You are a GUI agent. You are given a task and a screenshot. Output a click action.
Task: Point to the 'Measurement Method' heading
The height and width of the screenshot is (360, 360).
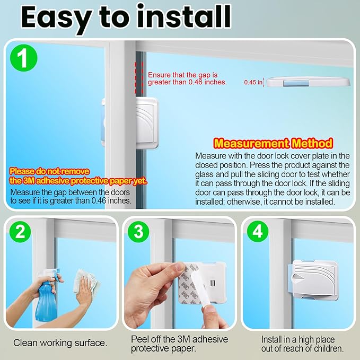(273, 143)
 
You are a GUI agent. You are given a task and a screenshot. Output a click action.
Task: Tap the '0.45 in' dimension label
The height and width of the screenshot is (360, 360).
(253, 82)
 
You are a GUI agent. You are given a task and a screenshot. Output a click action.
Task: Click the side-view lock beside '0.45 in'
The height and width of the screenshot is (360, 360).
(308, 82)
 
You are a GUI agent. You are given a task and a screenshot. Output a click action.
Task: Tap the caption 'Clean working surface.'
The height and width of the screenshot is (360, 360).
(60, 343)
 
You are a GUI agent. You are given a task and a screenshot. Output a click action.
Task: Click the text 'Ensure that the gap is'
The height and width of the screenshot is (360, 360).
(182, 75)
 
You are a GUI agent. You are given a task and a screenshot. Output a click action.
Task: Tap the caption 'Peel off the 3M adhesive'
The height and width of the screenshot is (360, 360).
(179, 339)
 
